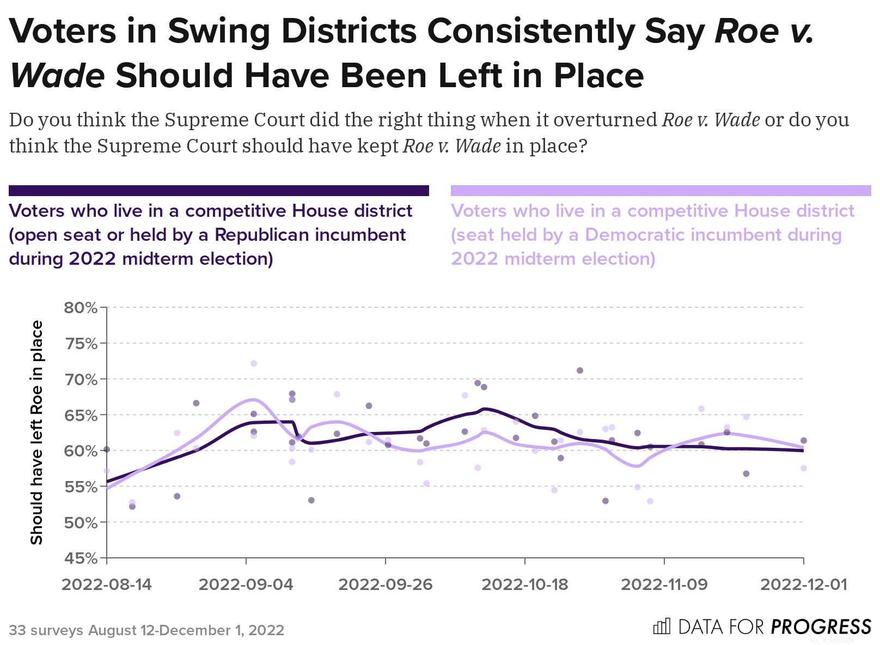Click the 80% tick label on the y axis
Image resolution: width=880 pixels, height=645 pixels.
(81, 308)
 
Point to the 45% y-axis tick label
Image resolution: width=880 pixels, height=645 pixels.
(81, 558)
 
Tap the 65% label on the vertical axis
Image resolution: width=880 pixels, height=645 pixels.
(81, 415)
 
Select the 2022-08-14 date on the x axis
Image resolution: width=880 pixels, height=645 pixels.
(107, 585)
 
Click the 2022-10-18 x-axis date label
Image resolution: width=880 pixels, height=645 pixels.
(525, 585)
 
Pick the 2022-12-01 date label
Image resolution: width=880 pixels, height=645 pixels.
(804, 585)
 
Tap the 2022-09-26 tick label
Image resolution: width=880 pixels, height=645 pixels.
(386, 585)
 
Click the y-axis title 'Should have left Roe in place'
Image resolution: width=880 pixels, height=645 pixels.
(36, 433)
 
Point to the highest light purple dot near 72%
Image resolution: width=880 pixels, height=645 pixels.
(253, 363)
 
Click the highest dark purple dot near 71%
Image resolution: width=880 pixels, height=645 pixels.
(580, 370)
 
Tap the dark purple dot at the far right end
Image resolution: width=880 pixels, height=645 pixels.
(803, 440)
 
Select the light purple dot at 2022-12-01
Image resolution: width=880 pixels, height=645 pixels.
(803, 468)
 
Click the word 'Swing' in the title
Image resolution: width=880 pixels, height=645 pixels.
(219, 31)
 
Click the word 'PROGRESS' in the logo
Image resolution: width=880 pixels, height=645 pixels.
(821, 627)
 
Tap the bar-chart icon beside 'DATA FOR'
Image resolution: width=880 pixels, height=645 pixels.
(662, 627)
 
